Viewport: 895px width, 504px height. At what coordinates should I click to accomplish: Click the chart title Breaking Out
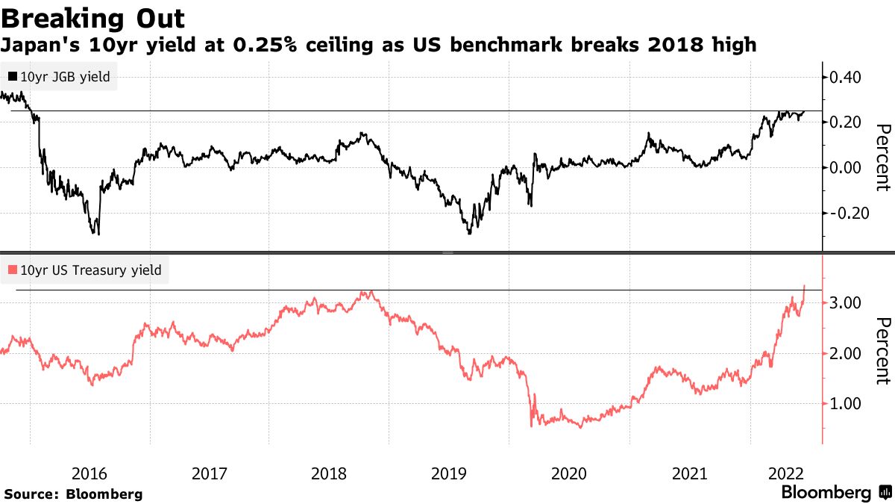click(x=93, y=17)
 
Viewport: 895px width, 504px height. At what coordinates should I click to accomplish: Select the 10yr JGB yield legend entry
click(x=60, y=77)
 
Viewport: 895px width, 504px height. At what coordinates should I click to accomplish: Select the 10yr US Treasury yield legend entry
click(x=84, y=270)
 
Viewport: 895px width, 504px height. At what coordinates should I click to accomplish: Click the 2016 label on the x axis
click(x=89, y=473)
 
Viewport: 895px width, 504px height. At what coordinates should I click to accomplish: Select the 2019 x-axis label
click(x=449, y=473)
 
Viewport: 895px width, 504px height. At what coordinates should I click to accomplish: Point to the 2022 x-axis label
click(x=785, y=473)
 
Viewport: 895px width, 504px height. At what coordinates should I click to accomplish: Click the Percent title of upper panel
click(x=882, y=158)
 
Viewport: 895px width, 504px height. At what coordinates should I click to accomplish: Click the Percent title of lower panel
click(x=882, y=351)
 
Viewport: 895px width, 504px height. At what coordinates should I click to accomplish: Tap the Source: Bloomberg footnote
click(x=73, y=494)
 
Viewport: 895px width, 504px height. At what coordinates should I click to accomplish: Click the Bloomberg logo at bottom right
click(x=835, y=493)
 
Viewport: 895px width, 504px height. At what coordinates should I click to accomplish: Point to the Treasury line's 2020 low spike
click(x=532, y=426)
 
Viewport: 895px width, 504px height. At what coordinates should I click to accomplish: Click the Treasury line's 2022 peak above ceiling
click(x=804, y=285)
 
